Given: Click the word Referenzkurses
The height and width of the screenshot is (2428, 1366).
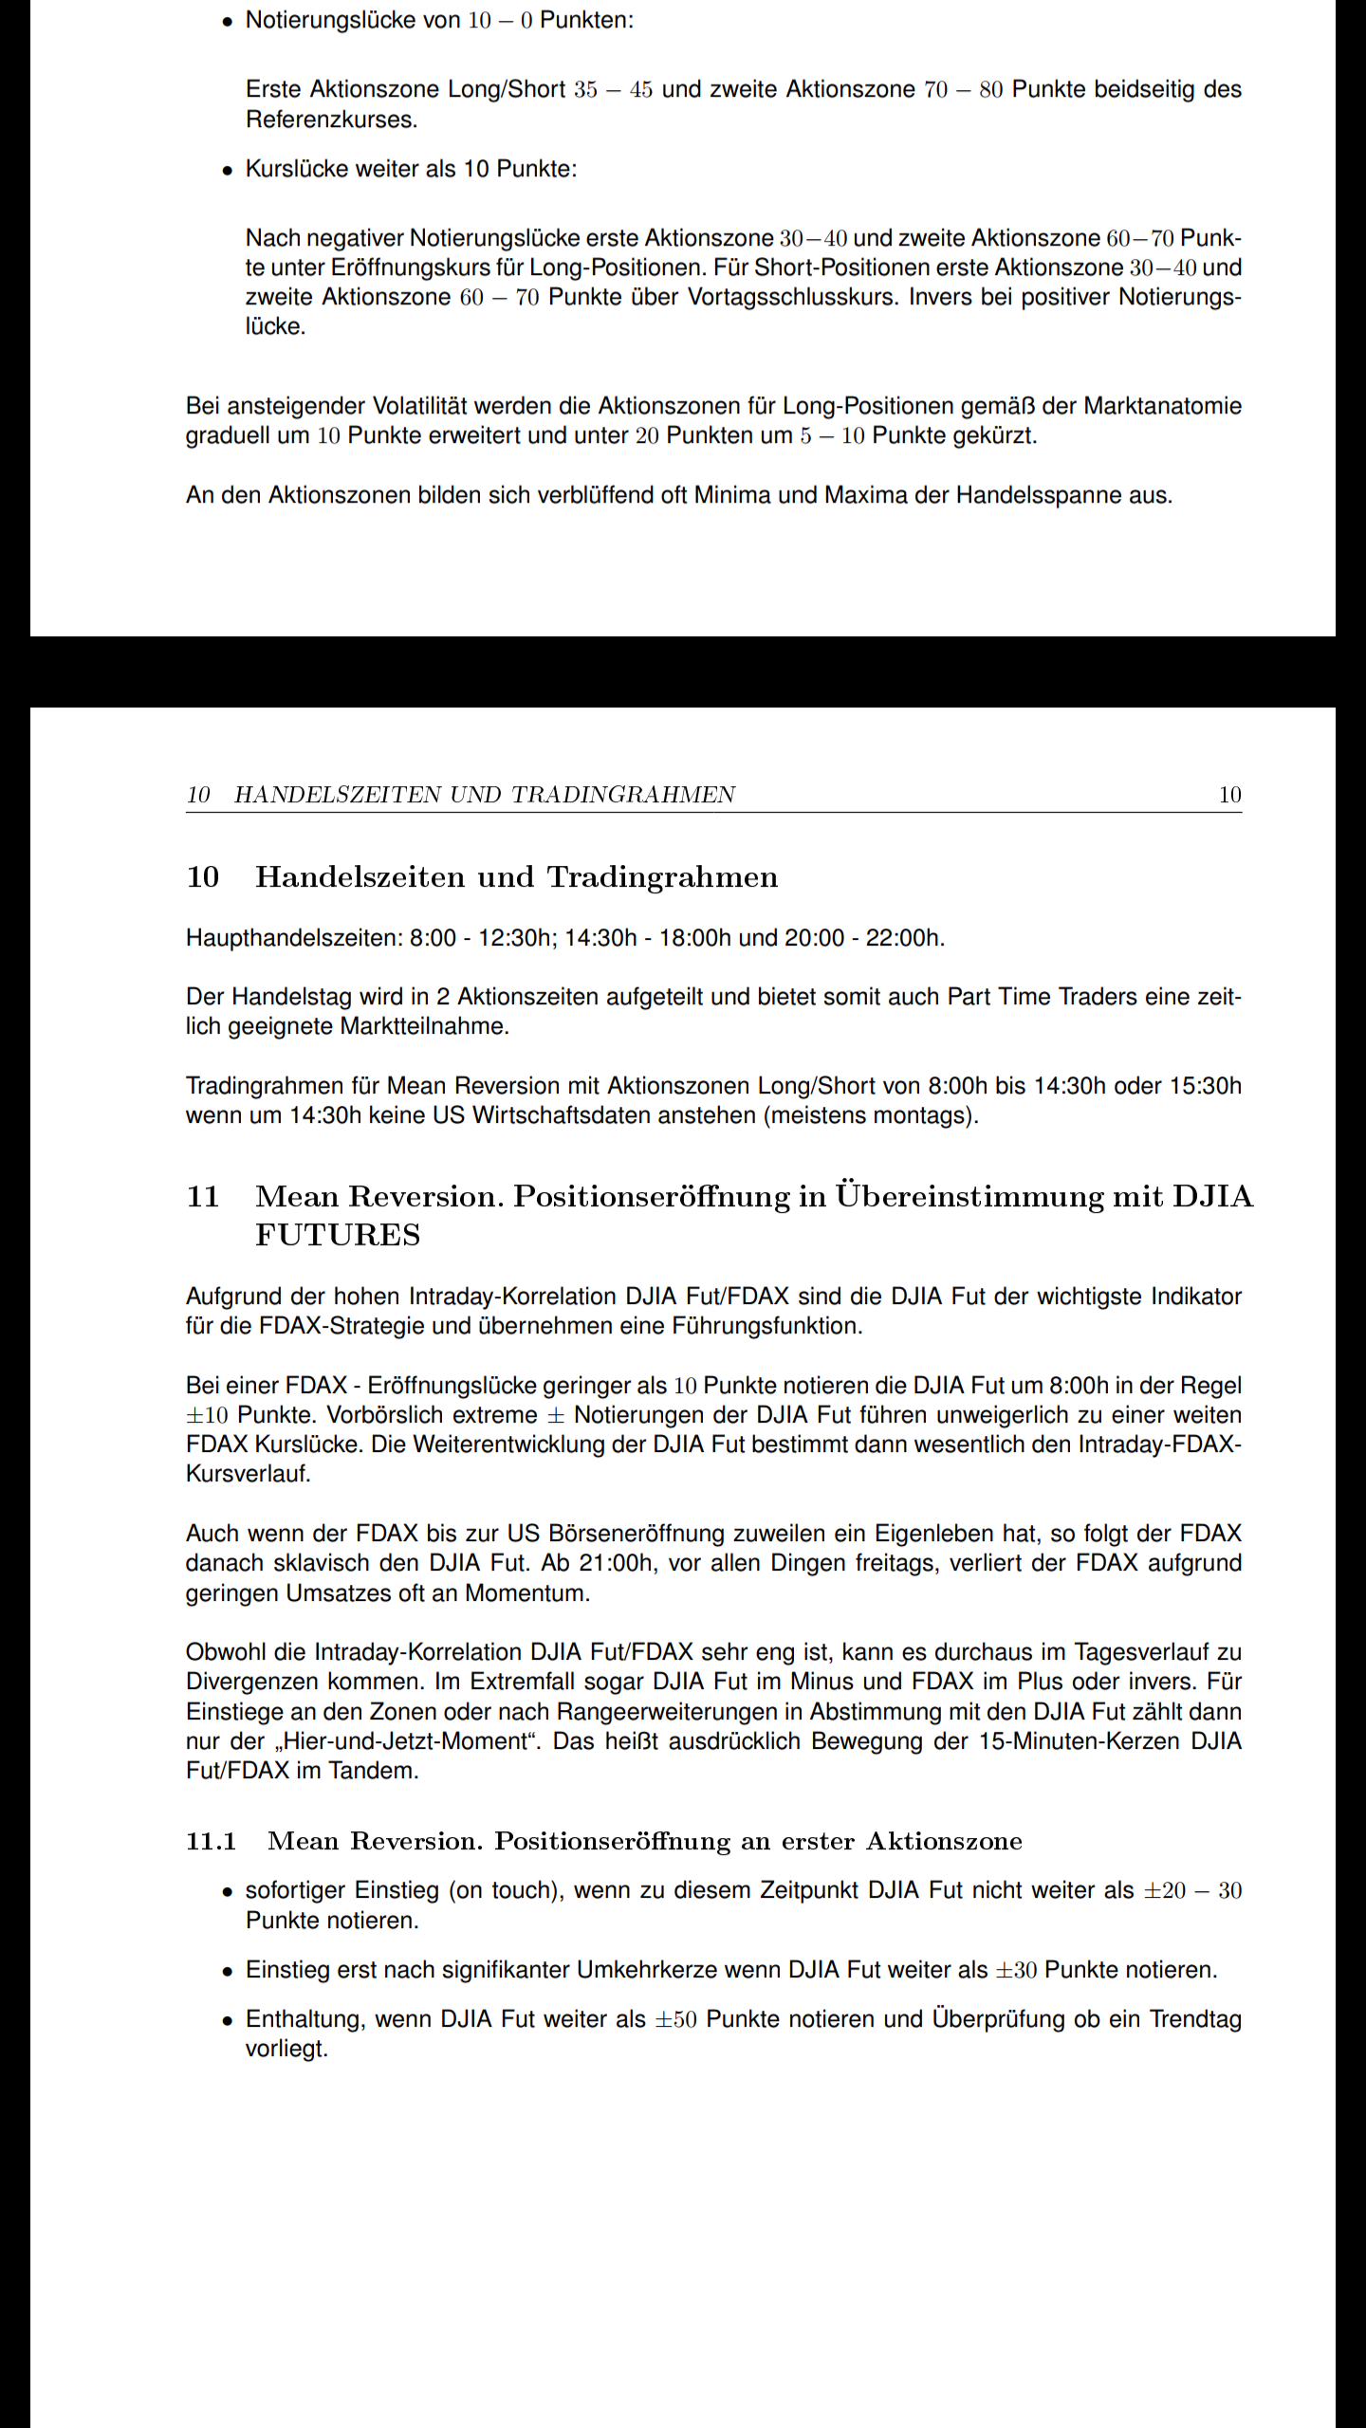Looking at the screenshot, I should pos(331,120).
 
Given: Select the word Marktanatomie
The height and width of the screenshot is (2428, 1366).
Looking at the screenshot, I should pos(1162,406).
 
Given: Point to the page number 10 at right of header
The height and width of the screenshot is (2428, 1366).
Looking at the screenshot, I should pos(1229,795).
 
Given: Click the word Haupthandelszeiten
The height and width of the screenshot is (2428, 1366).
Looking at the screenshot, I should pos(294,938).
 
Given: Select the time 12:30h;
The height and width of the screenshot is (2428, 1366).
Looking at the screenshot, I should pos(518,938).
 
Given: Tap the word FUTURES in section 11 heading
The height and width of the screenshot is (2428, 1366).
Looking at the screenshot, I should pos(338,1235).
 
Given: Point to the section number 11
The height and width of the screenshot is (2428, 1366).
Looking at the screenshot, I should pos(203,1197).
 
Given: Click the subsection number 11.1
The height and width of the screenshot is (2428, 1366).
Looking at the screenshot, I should pos(211,1841).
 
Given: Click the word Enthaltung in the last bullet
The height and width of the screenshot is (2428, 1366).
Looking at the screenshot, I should pos(305,2019).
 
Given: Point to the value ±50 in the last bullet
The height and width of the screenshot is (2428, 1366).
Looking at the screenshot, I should pos(676,2020).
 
